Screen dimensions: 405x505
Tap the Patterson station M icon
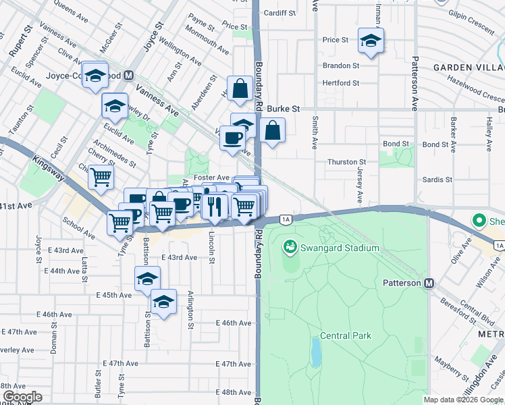click(x=428, y=283)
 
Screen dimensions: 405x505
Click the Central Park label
click(x=345, y=335)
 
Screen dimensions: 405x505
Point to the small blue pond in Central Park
click(x=316, y=350)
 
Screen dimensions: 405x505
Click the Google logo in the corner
click(x=22, y=397)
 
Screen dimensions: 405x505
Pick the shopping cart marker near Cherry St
click(x=101, y=178)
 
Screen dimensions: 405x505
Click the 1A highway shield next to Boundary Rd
click(x=286, y=219)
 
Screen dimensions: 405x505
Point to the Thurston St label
click(x=346, y=162)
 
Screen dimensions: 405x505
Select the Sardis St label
click(x=437, y=180)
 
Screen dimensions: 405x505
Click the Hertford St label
click(x=341, y=83)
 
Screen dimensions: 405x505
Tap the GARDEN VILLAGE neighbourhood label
click(x=469, y=67)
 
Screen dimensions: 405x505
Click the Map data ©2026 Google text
click(x=463, y=400)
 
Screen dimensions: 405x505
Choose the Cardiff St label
click(x=280, y=13)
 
